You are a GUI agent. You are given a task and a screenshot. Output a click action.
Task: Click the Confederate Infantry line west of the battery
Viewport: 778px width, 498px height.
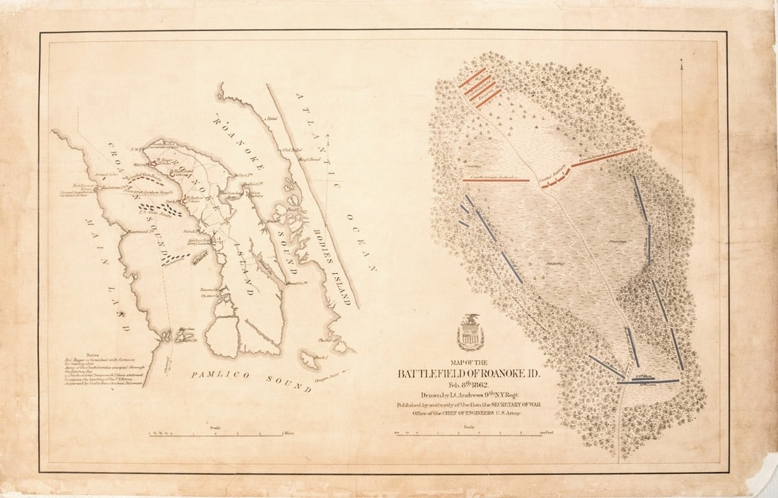click(x=496, y=180)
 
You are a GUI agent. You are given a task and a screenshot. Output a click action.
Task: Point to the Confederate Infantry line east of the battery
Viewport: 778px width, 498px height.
click(x=605, y=157)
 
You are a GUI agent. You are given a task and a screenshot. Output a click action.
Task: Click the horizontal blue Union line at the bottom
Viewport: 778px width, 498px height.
click(x=648, y=381)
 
